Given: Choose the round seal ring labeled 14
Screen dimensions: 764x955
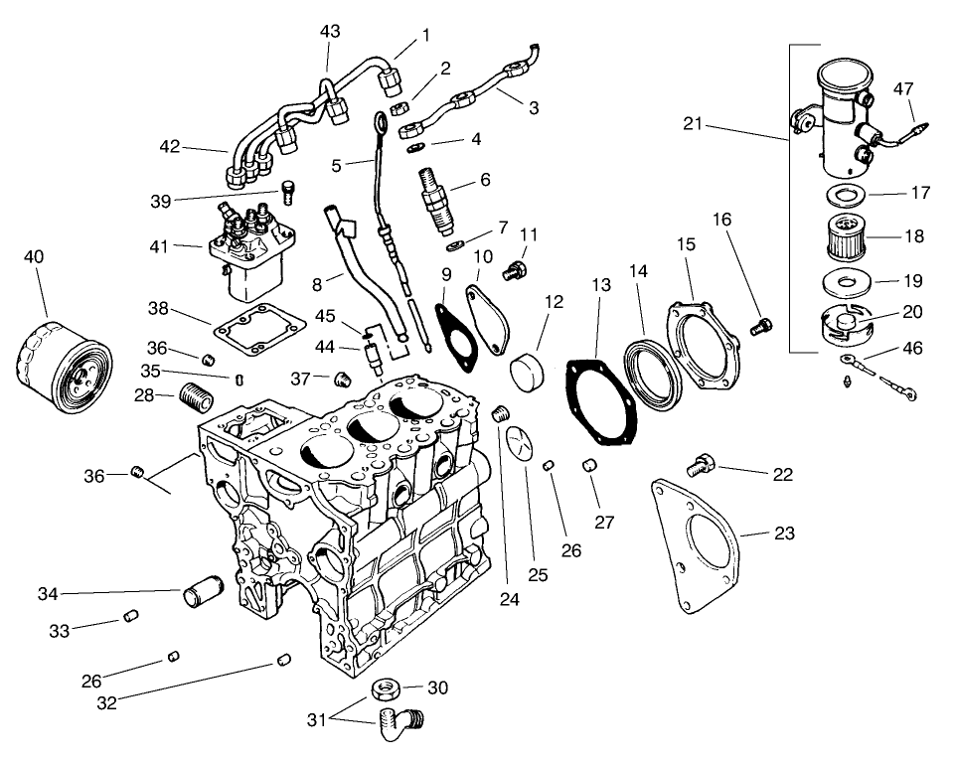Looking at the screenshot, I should (x=651, y=373).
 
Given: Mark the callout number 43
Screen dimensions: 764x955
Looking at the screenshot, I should (x=330, y=32).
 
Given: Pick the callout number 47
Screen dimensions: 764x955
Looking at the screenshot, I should (x=903, y=88).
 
